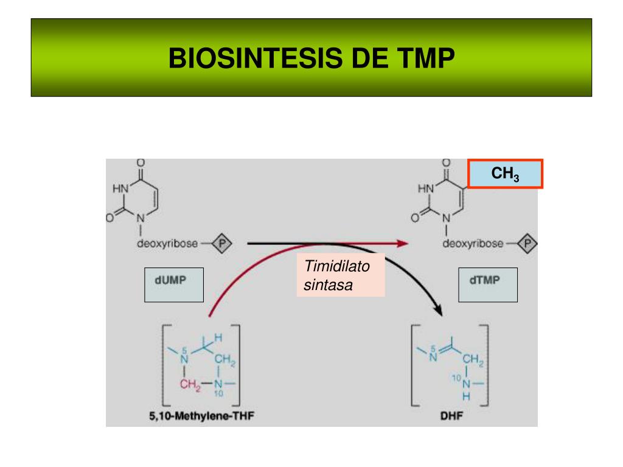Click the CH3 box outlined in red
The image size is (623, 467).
point(505,175)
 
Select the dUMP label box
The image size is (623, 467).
point(174,285)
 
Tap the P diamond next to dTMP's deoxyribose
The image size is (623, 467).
point(529,244)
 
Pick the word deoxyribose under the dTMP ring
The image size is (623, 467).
point(473,244)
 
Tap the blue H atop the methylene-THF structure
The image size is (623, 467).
point(218,338)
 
